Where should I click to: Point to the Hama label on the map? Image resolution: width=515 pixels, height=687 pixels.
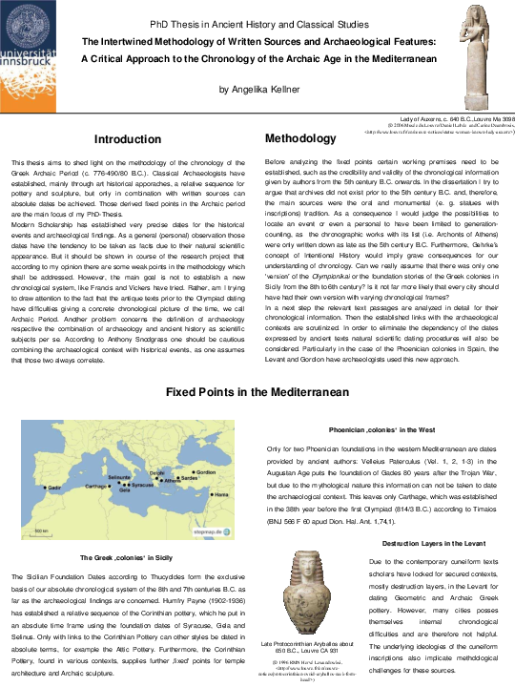click(220, 495)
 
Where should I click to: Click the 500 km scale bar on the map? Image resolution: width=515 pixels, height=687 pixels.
click(40, 531)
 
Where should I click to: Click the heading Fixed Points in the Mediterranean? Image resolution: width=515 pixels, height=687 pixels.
click(257, 393)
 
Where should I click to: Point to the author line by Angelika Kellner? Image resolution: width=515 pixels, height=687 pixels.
click(257, 89)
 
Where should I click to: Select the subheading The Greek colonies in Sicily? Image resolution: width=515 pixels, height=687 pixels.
click(127, 557)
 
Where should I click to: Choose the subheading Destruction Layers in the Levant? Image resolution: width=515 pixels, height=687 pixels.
click(433, 543)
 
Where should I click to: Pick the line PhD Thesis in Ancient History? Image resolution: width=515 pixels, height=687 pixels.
click(257, 23)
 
